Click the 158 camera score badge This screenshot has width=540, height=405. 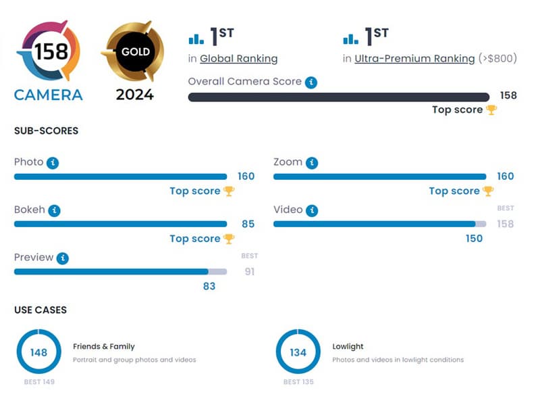click(x=47, y=51)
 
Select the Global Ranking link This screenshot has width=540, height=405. click(x=238, y=59)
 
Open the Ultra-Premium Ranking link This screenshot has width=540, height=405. click(x=414, y=59)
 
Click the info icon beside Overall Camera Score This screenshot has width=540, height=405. click(x=310, y=82)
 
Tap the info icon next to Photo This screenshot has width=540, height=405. click(x=53, y=163)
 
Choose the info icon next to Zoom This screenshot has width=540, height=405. click(x=311, y=163)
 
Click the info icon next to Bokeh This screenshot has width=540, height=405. click(x=55, y=210)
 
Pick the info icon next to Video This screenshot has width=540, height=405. click(x=311, y=210)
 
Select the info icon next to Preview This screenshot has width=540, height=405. click(x=63, y=258)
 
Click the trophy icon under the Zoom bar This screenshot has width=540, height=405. click(x=488, y=191)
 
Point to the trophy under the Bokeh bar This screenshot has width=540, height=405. click(x=229, y=239)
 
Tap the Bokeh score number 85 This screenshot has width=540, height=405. click(x=248, y=224)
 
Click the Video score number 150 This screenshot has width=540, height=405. click(x=474, y=238)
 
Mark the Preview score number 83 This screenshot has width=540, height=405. click(x=209, y=286)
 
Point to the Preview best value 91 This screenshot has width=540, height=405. click(x=249, y=272)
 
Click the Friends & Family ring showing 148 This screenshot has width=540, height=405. click(x=38, y=352)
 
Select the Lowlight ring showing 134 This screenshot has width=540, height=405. click(x=298, y=352)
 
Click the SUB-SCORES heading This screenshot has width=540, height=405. click(x=46, y=131)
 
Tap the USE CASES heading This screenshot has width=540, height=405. click(x=40, y=310)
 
